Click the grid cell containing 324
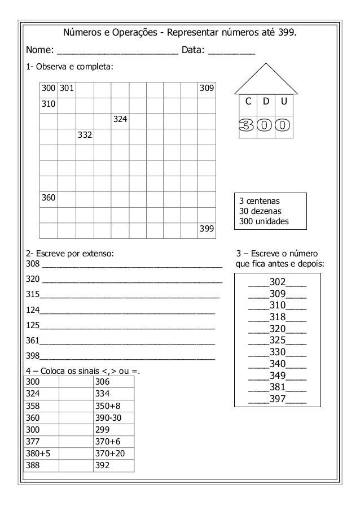pos(120,120)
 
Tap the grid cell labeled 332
pos(85,136)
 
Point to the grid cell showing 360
pos(49,198)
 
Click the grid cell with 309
pos(207,89)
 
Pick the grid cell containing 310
pos(49,104)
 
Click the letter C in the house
pos(246,101)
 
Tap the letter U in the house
pos(283,101)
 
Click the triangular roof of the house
pos(265,79)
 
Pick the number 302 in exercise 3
pos(278,282)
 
